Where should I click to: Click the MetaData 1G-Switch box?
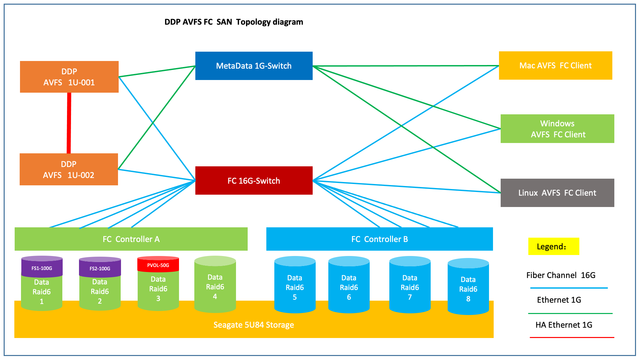tap(254, 66)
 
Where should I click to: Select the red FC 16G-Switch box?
tap(254, 180)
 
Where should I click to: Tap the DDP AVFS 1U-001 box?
tap(69, 77)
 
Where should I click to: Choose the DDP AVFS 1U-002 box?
tap(69, 169)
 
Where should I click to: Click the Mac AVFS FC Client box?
tap(555, 65)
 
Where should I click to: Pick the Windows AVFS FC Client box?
tap(557, 129)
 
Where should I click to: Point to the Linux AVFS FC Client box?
tap(557, 193)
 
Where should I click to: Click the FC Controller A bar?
tap(131, 239)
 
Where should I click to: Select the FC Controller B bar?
tap(379, 239)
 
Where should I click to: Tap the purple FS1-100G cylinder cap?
tap(42, 267)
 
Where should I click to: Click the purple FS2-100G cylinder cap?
tap(100, 267)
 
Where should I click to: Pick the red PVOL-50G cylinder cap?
tap(158, 264)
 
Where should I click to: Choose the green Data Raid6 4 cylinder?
tap(215, 284)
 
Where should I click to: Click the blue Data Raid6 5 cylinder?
tap(295, 285)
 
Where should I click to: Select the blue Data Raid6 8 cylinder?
tap(468, 287)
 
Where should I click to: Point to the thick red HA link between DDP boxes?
tap(69, 123)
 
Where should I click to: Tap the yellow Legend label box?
tap(554, 246)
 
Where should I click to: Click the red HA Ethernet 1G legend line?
tap(572, 337)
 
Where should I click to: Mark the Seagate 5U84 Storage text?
tap(254, 325)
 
